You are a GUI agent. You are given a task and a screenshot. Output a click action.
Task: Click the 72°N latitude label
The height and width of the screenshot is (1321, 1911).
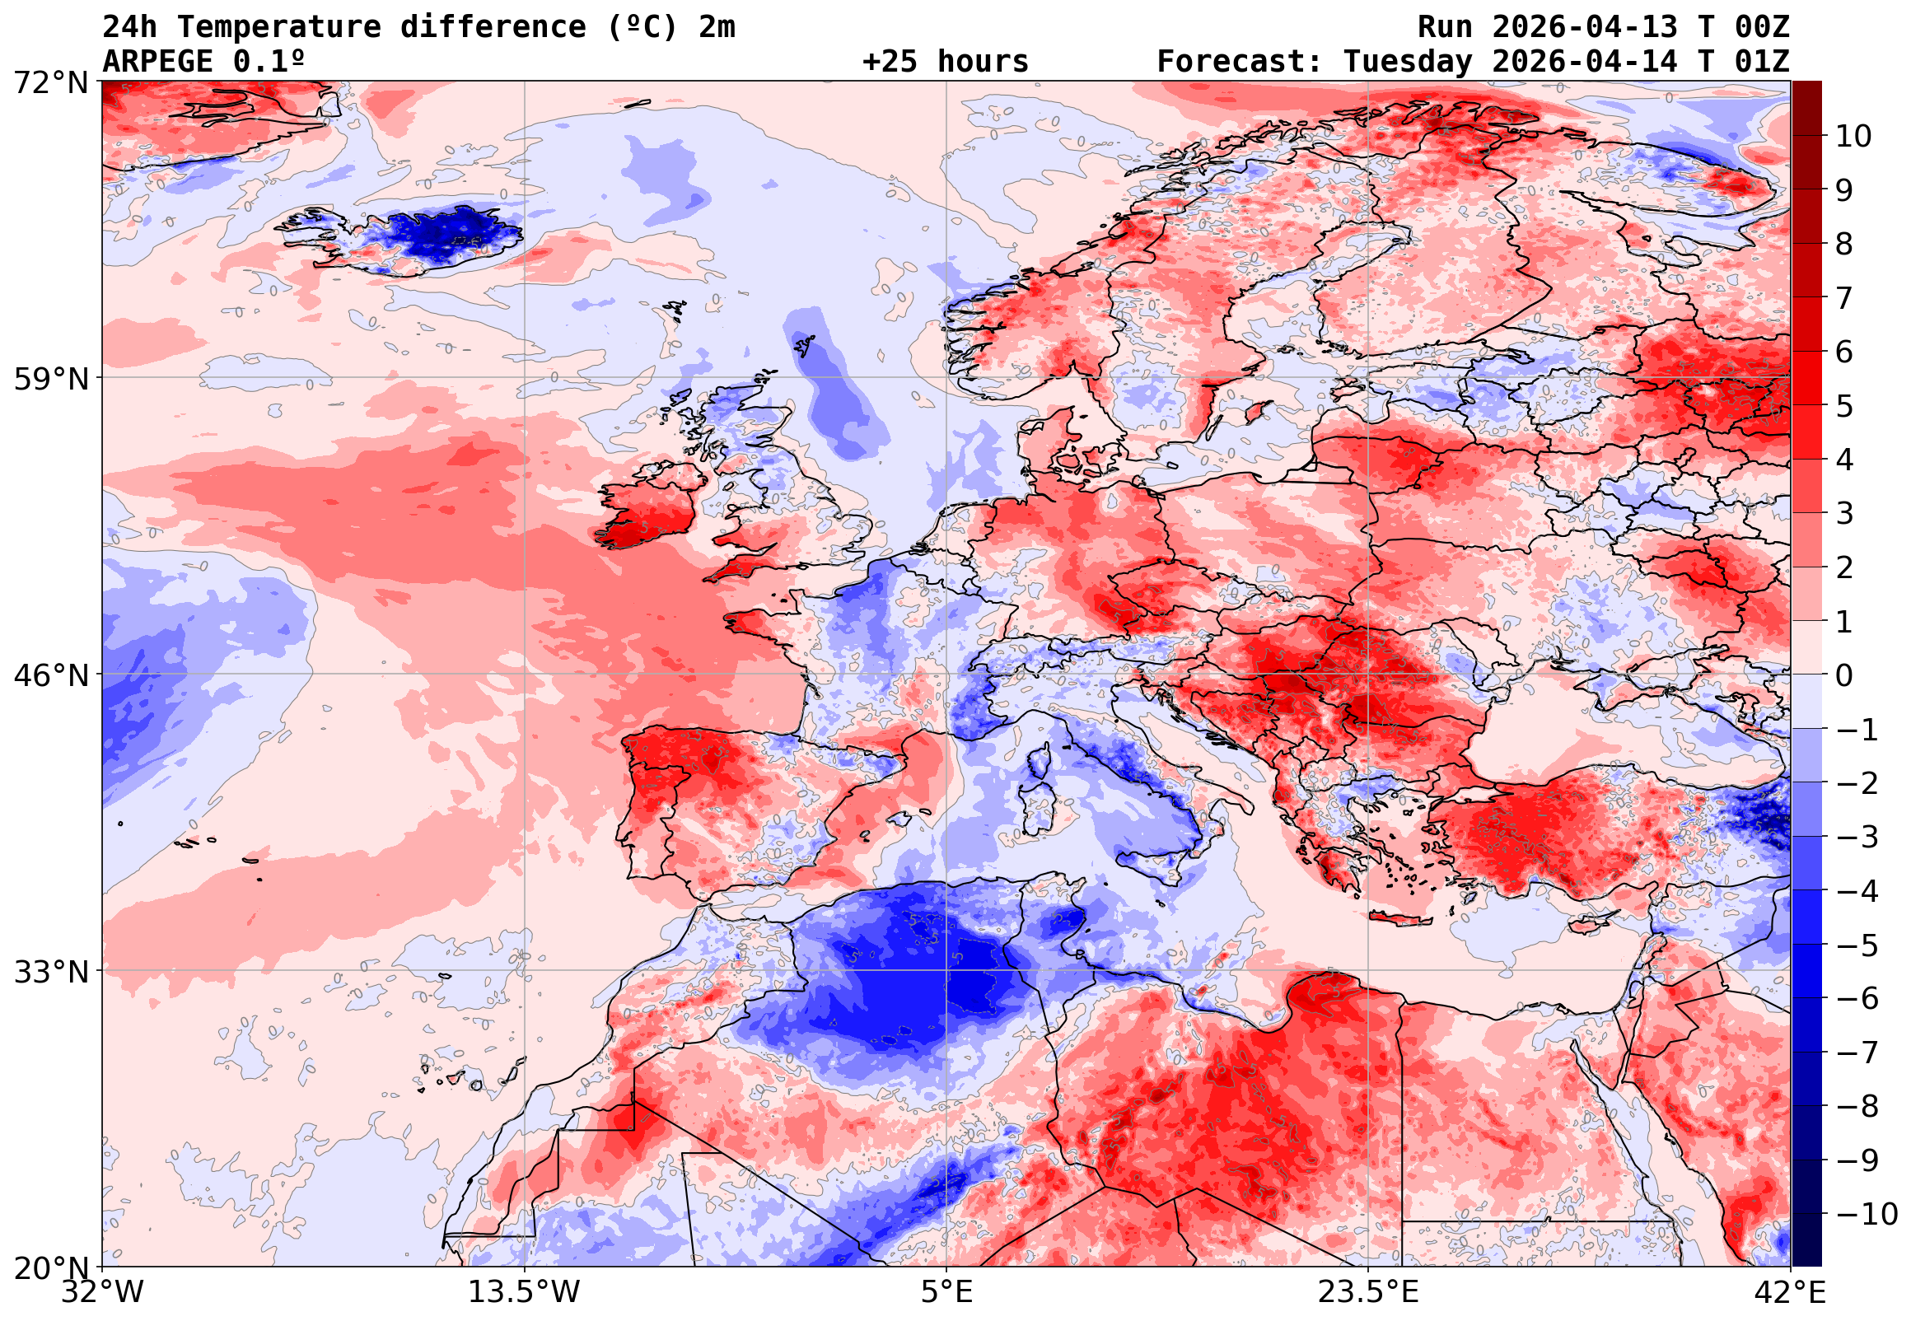[50, 83]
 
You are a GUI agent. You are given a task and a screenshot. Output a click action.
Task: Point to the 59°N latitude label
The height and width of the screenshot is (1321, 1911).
[50, 380]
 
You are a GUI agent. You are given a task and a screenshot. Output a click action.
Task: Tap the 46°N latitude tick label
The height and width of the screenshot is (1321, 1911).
[50, 676]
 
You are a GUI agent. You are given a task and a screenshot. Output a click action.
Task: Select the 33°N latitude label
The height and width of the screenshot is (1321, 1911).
[50, 973]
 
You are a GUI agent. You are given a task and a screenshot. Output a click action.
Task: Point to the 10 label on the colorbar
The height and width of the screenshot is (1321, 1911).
[1853, 137]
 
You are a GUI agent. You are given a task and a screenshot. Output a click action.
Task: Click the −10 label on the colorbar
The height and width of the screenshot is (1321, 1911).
[1867, 1215]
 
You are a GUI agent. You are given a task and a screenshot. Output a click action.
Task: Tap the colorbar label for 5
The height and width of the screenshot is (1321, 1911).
[1844, 406]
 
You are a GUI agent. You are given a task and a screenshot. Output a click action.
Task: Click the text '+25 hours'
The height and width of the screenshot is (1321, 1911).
[945, 62]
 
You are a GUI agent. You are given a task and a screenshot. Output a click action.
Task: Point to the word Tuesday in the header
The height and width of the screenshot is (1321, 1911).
[1408, 62]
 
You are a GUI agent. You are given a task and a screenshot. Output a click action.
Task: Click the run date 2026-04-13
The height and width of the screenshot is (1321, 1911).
[1585, 27]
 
